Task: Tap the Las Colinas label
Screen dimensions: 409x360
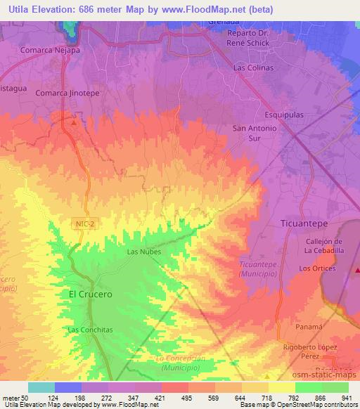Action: pos(254,68)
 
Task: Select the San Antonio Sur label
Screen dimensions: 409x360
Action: pos(254,134)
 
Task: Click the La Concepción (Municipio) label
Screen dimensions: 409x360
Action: pos(180,363)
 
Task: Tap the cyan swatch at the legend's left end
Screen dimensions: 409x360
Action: pos(41,387)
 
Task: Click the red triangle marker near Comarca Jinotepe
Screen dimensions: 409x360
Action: pos(75,122)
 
